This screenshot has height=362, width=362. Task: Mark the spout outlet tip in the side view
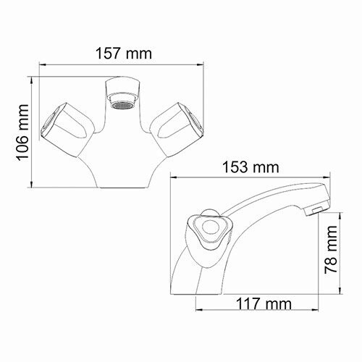pos(314,209)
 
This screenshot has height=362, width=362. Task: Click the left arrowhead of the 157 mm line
pos(38,66)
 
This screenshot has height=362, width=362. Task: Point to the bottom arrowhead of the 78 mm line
pos(339,293)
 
